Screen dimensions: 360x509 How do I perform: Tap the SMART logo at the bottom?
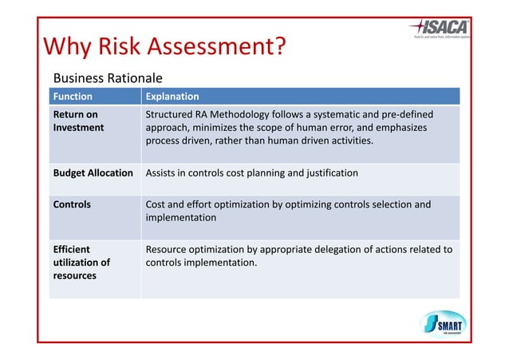(x=444, y=323)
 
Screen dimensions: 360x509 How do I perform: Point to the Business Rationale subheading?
(x=107, y=78)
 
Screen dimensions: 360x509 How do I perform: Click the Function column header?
(x=73, y=97)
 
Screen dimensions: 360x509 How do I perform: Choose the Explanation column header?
(x=172, y=97)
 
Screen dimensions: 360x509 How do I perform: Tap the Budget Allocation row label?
(x=93, y=172)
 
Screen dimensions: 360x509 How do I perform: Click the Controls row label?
(x=72, y=204)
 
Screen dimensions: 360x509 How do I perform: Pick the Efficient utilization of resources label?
(x=81, y=262)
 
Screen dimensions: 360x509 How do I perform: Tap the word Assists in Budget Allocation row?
(x=163, y=172)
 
